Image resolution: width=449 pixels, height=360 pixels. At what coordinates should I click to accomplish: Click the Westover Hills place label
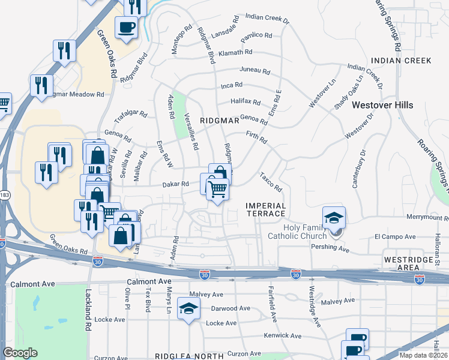click(x=382, y=105)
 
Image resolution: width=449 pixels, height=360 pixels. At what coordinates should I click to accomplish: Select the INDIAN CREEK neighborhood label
click(x=401, y=61)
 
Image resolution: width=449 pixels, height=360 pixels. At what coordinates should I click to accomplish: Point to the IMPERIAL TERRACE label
click(x=266, y=210)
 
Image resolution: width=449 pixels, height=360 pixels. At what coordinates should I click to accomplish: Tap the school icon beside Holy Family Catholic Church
click(x=334, y=217)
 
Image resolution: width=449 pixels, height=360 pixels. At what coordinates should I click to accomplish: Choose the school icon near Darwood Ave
click(x=189, y=309)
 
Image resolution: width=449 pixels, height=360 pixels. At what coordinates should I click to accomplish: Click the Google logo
click(x=20, y=353)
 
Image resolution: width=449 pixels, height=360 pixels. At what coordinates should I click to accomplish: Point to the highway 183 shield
click(x=4, y=195)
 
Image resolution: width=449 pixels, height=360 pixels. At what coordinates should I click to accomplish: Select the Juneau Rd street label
click(x=255, y=70)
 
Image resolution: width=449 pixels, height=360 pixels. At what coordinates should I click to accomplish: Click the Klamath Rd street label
click(x=236, y=53)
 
